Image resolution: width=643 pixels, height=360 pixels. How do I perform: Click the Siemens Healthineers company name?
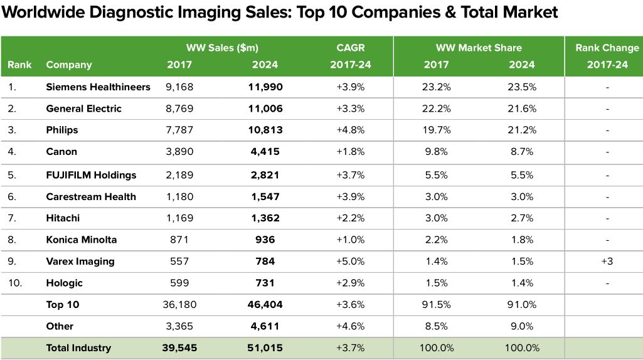pyautogui.click(x=98, y=87)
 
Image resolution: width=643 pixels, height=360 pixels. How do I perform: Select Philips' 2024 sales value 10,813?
pyautogui.click(x=265, y=130)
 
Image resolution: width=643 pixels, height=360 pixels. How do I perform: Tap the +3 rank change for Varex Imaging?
pyautogui.click(x=607, y=262)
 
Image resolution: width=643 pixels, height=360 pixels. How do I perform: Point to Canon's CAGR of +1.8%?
pyautogui.click(x=350, y=152)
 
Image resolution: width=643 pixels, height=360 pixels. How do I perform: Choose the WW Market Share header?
pyautogui.click(x=479, y=48)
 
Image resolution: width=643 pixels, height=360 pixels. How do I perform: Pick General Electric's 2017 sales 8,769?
pyautogui.click(x=179, y=109)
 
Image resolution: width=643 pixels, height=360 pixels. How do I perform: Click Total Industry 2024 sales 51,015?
pyautogui.click(x=265, y=347)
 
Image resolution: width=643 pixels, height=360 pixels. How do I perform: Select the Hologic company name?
pyautogui.click(x=64, y=283)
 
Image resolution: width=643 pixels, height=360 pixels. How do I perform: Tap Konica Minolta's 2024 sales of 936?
pyautogui.click(x=265, y=240)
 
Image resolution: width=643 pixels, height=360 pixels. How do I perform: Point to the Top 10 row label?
pyautogui.click(x=62, y=305)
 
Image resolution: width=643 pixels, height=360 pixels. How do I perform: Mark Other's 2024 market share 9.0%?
pyautogui.click(x=522, y=326)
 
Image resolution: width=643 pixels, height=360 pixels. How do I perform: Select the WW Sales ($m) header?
pyautogui.click(x=222, y=48)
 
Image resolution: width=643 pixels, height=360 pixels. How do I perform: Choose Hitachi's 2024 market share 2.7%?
pyautogui.click(x=522, y=218)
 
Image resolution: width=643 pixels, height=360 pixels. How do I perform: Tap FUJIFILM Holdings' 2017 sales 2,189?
pyautogui.click(x=179, y=175)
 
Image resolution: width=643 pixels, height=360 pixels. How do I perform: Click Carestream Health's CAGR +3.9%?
pyautogui.click(x=350, y=196)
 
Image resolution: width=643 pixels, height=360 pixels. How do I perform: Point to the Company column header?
pyautogui.click(x=69, y=65)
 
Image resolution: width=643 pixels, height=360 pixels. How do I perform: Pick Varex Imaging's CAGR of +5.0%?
pyautogui.click(x=350, y=262)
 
